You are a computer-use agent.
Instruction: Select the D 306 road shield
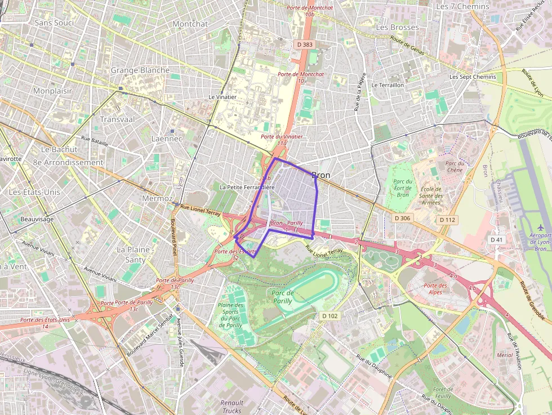tap(403, 218)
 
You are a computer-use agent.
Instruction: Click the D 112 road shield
tap(447, 220)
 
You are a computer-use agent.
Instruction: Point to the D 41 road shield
tap(496, 240)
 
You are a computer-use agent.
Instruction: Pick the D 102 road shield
tap(330, 316)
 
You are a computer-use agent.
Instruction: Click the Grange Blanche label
tap(140, 70)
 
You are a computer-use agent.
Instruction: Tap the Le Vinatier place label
tap(222, 97)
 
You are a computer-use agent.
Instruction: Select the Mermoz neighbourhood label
tap(158, 199)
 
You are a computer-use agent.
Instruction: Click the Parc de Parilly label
tap(283, 296)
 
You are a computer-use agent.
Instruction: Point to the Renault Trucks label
tap(232, 407)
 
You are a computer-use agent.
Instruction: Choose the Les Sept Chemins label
tap(473, 77)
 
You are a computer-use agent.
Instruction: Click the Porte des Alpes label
tap(435, 289)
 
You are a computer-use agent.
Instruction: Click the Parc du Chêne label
tap(454, 167)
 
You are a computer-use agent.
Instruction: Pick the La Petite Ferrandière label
tap(247, 187)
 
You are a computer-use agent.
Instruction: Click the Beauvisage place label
tap(37, 218)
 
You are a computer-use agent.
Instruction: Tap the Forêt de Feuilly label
tap(443, 392)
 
